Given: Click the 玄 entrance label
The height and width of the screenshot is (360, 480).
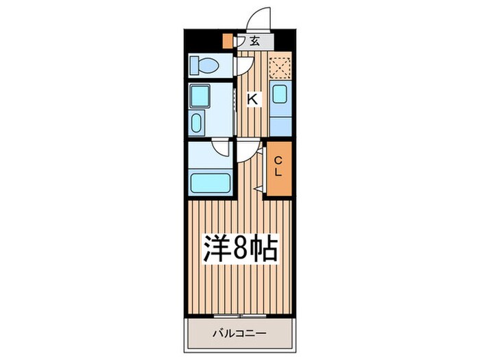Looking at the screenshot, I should tap(254, 41).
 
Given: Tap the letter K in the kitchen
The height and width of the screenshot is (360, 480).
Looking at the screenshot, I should tap(252, 99).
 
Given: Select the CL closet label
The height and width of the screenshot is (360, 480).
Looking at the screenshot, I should tap(278, 167).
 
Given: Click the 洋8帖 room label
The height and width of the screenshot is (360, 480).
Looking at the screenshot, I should tap(239, 249).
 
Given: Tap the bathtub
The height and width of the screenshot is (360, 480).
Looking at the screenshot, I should tap(209, 183).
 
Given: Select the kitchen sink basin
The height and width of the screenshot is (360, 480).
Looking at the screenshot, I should tap(280, 95).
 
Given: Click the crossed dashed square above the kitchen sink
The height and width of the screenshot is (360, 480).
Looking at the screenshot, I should tap(279, 67).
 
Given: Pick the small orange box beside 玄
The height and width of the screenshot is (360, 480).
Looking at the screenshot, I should tap(228, 41).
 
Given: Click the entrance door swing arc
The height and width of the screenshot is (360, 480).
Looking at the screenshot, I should tap(258, 18).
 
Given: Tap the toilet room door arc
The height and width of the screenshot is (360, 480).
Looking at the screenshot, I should tap(245, 66).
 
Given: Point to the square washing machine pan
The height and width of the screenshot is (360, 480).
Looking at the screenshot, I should tap(200, 96).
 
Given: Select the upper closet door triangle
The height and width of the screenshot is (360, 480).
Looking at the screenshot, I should tap(261, 151).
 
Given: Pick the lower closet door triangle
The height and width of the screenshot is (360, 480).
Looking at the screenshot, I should tap(259, 187).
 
